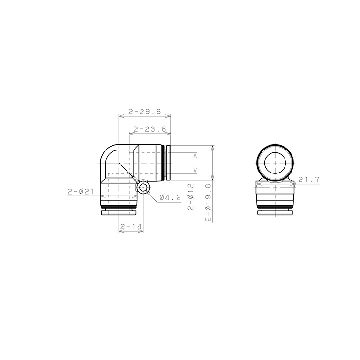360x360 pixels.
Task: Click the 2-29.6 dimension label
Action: pyautogui.click(x=145, y=112)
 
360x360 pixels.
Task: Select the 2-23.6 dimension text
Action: pyautogui.click(x=150, y=129)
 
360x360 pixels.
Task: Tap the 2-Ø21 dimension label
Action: pyautogui.click(x=81, y=191)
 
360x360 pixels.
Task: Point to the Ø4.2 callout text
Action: pyautogui.click(x=170, y=197)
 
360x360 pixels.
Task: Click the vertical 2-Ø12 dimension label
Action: pyautogui.click(x=191, y=196)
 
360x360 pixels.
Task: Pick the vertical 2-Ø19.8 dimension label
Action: pyautogui.click(x=208, y=202)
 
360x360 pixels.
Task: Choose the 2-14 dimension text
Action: pyautogui.click(x=131, y=227)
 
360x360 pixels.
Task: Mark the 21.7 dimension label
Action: pyautogui.click(x=309, y=180)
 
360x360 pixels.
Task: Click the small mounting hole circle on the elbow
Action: pyautogui.click(x=143, y=187)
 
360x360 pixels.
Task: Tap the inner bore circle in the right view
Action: pyautogui.click(x=275, y=163)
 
